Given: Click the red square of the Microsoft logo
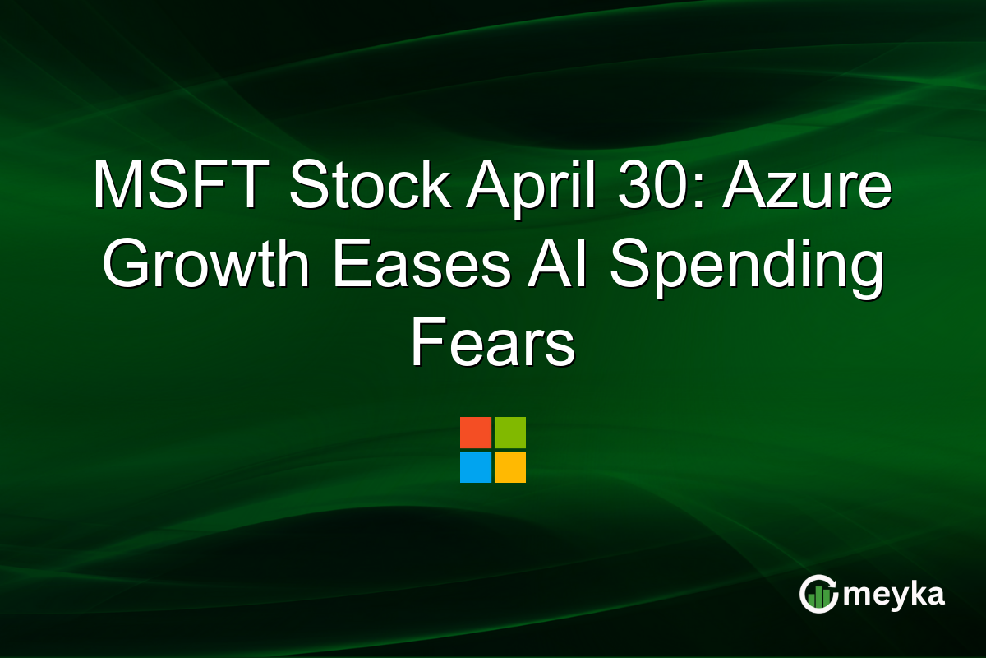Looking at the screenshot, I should click(x=476, y=433).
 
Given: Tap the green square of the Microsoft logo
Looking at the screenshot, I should click(x=510, y=433).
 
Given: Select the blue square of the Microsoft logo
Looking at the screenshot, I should click(x=476, y=467).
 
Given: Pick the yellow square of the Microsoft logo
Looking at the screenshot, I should click(x=510, y=467).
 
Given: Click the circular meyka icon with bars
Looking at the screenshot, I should click(x=818, y=594).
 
